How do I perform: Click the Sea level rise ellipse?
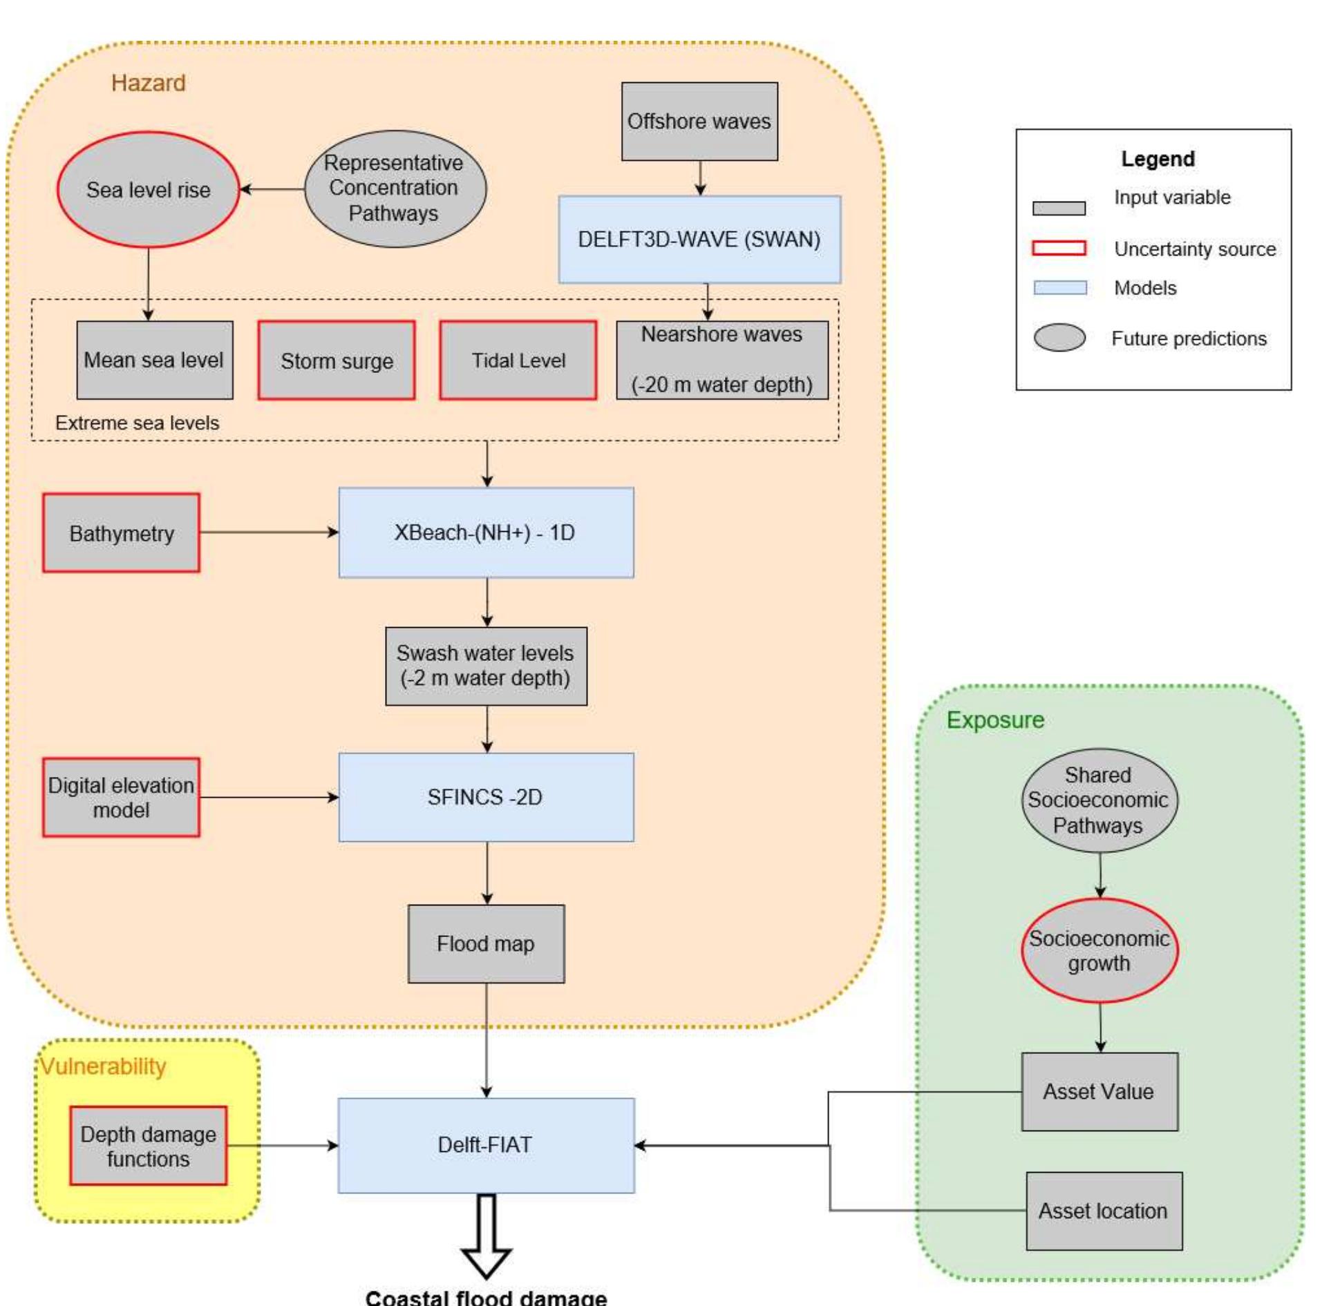148,190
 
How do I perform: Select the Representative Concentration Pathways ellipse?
395,189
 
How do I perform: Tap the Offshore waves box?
699,122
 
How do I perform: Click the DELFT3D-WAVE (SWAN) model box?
699,240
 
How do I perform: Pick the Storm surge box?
337,361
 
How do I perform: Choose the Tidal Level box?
518,361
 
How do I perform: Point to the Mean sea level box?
154,360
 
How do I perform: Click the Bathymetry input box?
121,533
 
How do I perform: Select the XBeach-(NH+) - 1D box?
485,532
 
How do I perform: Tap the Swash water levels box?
485,666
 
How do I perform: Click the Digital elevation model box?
121,798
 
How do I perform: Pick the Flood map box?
485,944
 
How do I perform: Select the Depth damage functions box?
148,1146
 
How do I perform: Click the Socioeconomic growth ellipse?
1099,951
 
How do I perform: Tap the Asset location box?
1103,1211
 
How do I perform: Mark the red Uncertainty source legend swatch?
1058,249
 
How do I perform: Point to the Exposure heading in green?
994,720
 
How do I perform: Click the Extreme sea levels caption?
137,423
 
